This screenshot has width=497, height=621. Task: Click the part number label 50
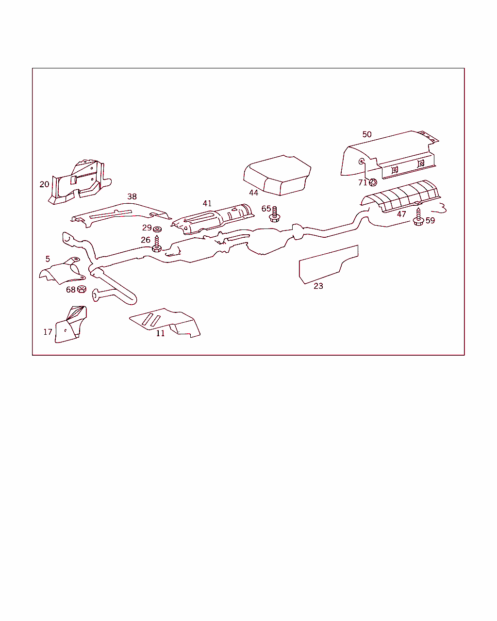(367, 134)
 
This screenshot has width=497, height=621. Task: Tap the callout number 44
(253, 193)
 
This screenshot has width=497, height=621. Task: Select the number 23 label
(318, 286)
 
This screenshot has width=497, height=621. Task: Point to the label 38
(132, 196)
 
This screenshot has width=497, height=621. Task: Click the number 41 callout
(207, 203)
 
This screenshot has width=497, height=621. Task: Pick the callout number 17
(48, 332)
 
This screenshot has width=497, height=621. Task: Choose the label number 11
(160, 333)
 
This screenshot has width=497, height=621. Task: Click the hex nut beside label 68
(82, 289)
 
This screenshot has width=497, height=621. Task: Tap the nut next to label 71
(373, 182)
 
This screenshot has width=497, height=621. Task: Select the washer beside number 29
(157, 229)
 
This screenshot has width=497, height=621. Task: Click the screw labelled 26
(157, 244)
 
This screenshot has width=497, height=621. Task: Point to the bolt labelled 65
(275, 214)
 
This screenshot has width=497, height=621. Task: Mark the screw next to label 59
(418, 217)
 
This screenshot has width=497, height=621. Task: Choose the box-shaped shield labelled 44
(277, 175)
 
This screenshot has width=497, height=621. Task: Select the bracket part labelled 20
(80, 182)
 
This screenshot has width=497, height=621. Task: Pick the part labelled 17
(71, 325)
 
